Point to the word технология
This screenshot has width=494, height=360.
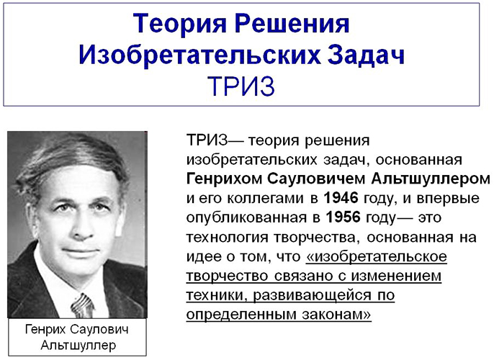pyautogui.click(x=223, y=235)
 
